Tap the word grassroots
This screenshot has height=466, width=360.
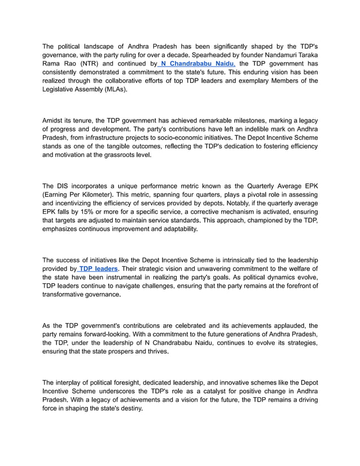[118, 155]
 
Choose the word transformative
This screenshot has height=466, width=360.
[64, 294]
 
